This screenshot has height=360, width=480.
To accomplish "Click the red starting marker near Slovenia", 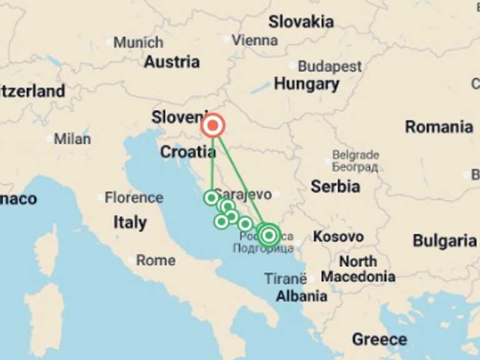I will click(213, 126).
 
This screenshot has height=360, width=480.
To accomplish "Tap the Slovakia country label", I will click(301, 22).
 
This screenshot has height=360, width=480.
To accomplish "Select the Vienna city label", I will click(254, 40).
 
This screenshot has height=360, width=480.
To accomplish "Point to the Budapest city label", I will click(329, 66).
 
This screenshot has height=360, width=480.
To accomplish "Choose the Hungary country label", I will click(306, 84).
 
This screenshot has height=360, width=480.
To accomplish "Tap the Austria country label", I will click(172, 62).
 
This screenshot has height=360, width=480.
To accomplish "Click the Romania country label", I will click(439, 127).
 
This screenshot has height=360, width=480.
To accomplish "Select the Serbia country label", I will click(335, 186).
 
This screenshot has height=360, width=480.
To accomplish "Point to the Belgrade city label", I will click(355, 155).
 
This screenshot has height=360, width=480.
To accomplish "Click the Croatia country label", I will click(188, 151).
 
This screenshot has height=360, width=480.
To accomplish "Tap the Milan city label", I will click(72, 139).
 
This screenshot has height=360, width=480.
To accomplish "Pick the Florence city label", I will click(134, 198).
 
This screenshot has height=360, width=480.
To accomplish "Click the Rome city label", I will click(156, 260).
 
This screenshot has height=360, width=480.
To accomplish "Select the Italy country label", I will click(130, 222).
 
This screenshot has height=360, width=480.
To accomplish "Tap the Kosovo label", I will click(338, 237).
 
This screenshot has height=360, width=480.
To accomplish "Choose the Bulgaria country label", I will click(444, 241).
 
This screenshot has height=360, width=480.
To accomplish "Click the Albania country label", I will click(301, 296).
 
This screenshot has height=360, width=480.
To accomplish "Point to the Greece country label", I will click(379, 339).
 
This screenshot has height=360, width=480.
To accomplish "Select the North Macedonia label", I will click(358, 269).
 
